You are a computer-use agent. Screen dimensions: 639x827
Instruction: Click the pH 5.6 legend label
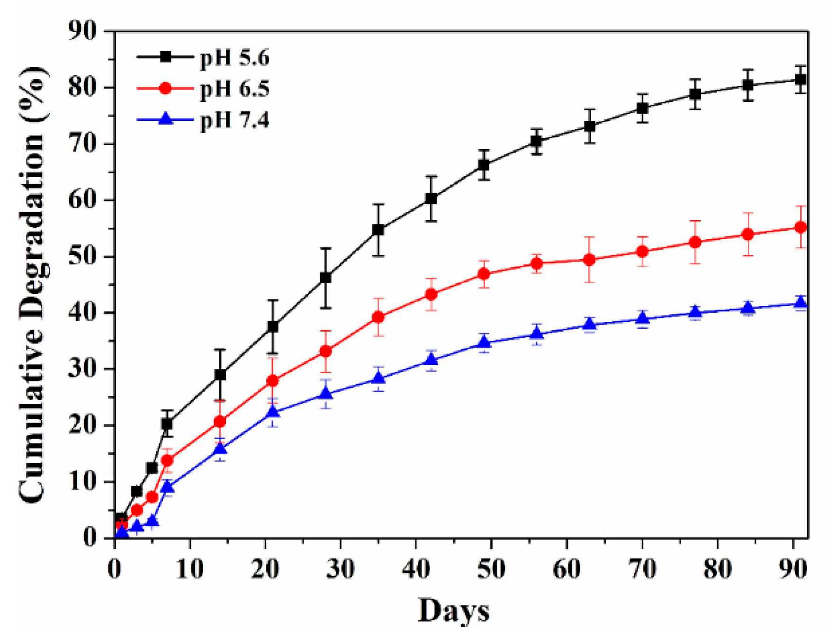click(234, 57)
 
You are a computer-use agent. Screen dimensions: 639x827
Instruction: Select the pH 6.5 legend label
click(234, 89)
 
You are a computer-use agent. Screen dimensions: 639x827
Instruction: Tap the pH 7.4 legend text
click(234, 120)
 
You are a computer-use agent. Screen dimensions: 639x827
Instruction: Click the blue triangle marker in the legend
click(165, 118)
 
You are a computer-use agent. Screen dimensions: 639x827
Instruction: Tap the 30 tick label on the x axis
click(340, 568)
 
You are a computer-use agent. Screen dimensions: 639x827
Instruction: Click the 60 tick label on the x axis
click(566, 568)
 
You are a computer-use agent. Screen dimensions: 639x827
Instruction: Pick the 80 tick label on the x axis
click(717, 568)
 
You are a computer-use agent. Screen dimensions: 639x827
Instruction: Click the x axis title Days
click(453, 610)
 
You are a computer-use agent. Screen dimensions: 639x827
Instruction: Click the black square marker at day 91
click(800, 79)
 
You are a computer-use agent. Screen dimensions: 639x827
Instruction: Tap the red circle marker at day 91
click(800, 227)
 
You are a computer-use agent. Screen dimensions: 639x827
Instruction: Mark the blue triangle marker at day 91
click(800, 303)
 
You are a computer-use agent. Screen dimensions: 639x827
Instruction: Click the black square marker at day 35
click(378, 230)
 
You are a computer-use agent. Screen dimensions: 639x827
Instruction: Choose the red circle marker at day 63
click(589, 260)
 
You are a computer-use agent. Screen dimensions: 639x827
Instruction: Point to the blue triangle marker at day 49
click(484, 342)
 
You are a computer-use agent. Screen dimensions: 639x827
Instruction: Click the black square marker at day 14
click(220, 375)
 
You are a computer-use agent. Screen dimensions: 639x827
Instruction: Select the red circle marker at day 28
click(325, 351)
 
